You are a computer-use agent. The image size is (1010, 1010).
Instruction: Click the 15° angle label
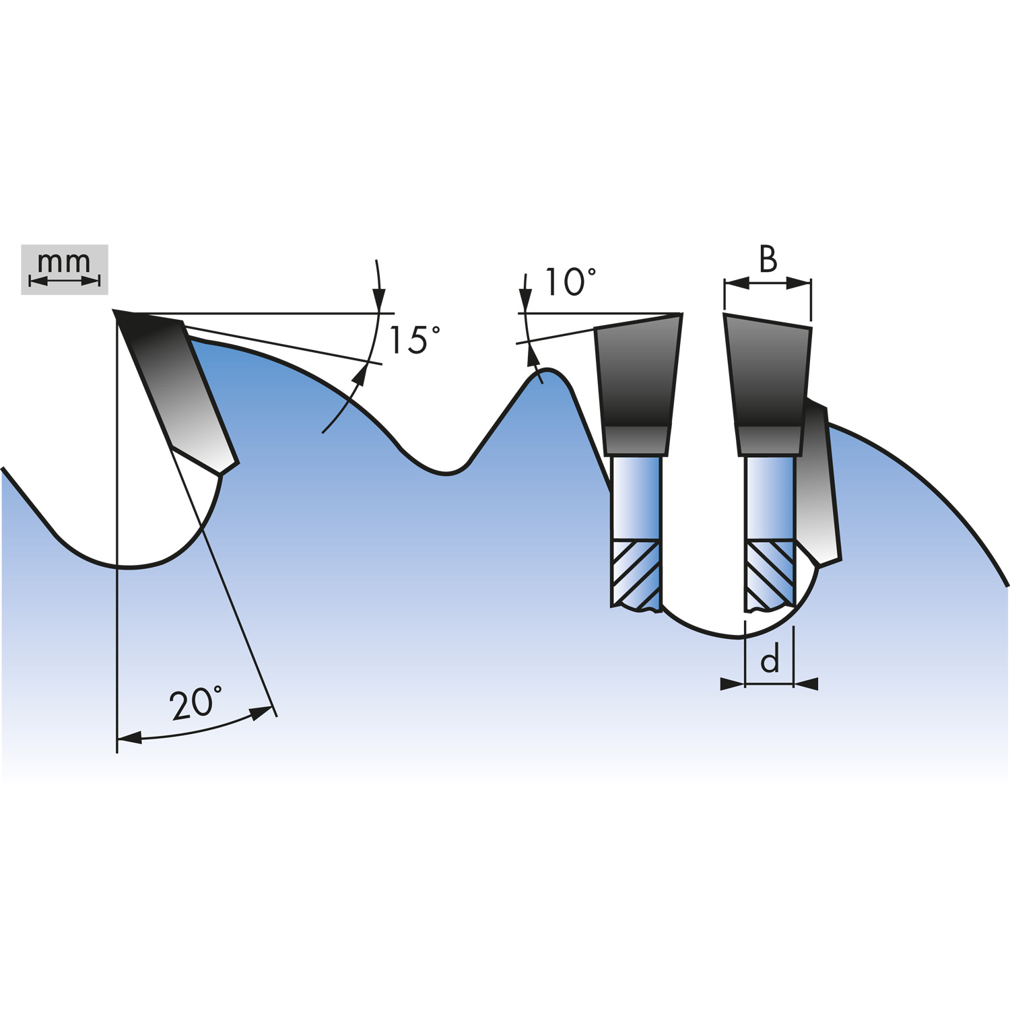tap(414, 339)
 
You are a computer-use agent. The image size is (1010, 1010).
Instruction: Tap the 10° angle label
tap(570, 282)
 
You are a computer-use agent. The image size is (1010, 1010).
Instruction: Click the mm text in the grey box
tap(64, 261)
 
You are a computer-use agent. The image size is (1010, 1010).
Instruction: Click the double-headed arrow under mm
tap(65, 281)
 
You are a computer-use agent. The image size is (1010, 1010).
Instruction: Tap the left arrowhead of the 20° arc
tap(129, 738)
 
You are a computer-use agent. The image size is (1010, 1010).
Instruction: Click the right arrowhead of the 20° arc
tap(262, 713)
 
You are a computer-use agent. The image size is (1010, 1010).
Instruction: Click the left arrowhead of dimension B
tap(737, 283)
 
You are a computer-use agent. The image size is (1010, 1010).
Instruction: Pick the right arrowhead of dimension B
tap(799, 283)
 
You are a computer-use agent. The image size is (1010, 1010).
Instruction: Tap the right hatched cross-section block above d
tap(770, 575)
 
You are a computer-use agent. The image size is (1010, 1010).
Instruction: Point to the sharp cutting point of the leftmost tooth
tap(114, 311)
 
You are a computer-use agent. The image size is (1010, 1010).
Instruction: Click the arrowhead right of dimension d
tap(806, 684)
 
